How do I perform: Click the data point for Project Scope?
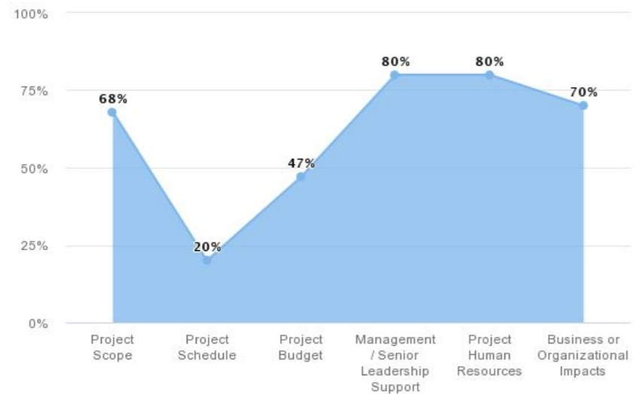[x=112, y=111]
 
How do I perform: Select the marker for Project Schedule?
[x=206, y=261]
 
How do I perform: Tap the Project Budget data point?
[x=300, y=177]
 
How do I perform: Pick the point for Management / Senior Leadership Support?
[x=394, y=75]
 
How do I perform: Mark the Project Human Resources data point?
[x=489, y=75]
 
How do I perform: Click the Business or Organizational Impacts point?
[x=583, y=105]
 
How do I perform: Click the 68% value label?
[x=112, y=99]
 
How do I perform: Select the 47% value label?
[x=300, y=163]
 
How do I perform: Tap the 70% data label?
[x=583, y=93]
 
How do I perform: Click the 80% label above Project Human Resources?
[x=489, y=62]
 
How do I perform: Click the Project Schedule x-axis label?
[x=206, y=347]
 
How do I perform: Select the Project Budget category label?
[x=300, y=347]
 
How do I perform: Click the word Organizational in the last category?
[x=583, y=355]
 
